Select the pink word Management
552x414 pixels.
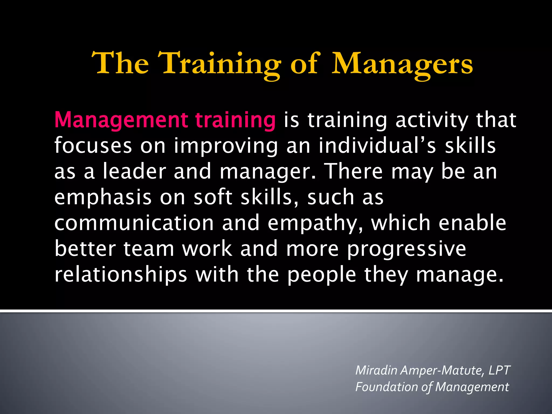(x=121, y=120)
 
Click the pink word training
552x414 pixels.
(x=235, y=120)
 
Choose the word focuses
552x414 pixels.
(x=93, y=146)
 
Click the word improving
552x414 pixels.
(x=226, y=146)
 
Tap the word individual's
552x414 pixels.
(x=377, y=146)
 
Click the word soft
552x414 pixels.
(x=213, y=197)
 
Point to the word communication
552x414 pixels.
(x=134, y=223)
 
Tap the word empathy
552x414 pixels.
(x=315, y=223)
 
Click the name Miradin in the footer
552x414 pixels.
(x=376, y=370)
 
